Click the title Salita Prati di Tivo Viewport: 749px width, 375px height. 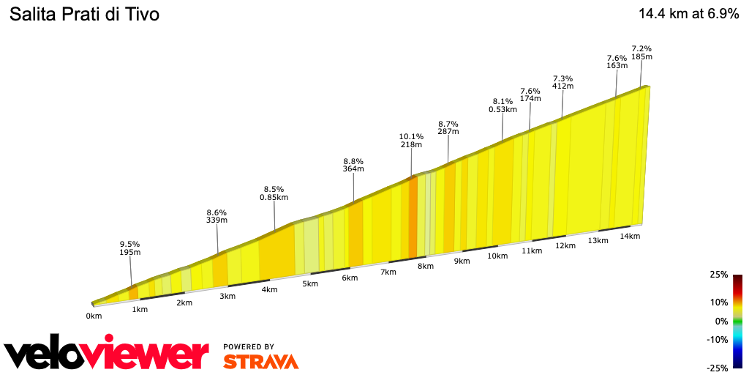(83, 15)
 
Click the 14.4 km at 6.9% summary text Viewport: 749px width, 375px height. (688, 14)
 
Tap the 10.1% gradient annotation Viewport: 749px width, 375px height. (411, 140)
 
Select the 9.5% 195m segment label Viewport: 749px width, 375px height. (130, 248)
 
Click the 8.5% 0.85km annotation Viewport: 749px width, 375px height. (274, 192)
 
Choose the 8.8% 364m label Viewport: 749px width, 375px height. (353, 165)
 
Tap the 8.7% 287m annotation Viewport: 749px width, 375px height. (448, 127)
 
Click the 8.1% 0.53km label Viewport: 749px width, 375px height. (503, 105)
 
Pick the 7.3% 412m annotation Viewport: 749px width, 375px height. (562, 82)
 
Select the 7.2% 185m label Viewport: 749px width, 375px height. (641, 52)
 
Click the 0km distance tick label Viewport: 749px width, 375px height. (94, 316)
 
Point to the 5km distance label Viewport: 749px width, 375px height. (310, 283)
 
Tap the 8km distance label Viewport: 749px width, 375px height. (425, 266)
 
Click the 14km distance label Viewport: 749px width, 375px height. (630, 236)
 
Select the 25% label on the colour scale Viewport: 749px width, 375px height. (719, 275)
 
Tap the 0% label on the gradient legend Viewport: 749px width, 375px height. (721, 321)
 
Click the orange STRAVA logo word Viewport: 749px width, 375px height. (260, 361)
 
